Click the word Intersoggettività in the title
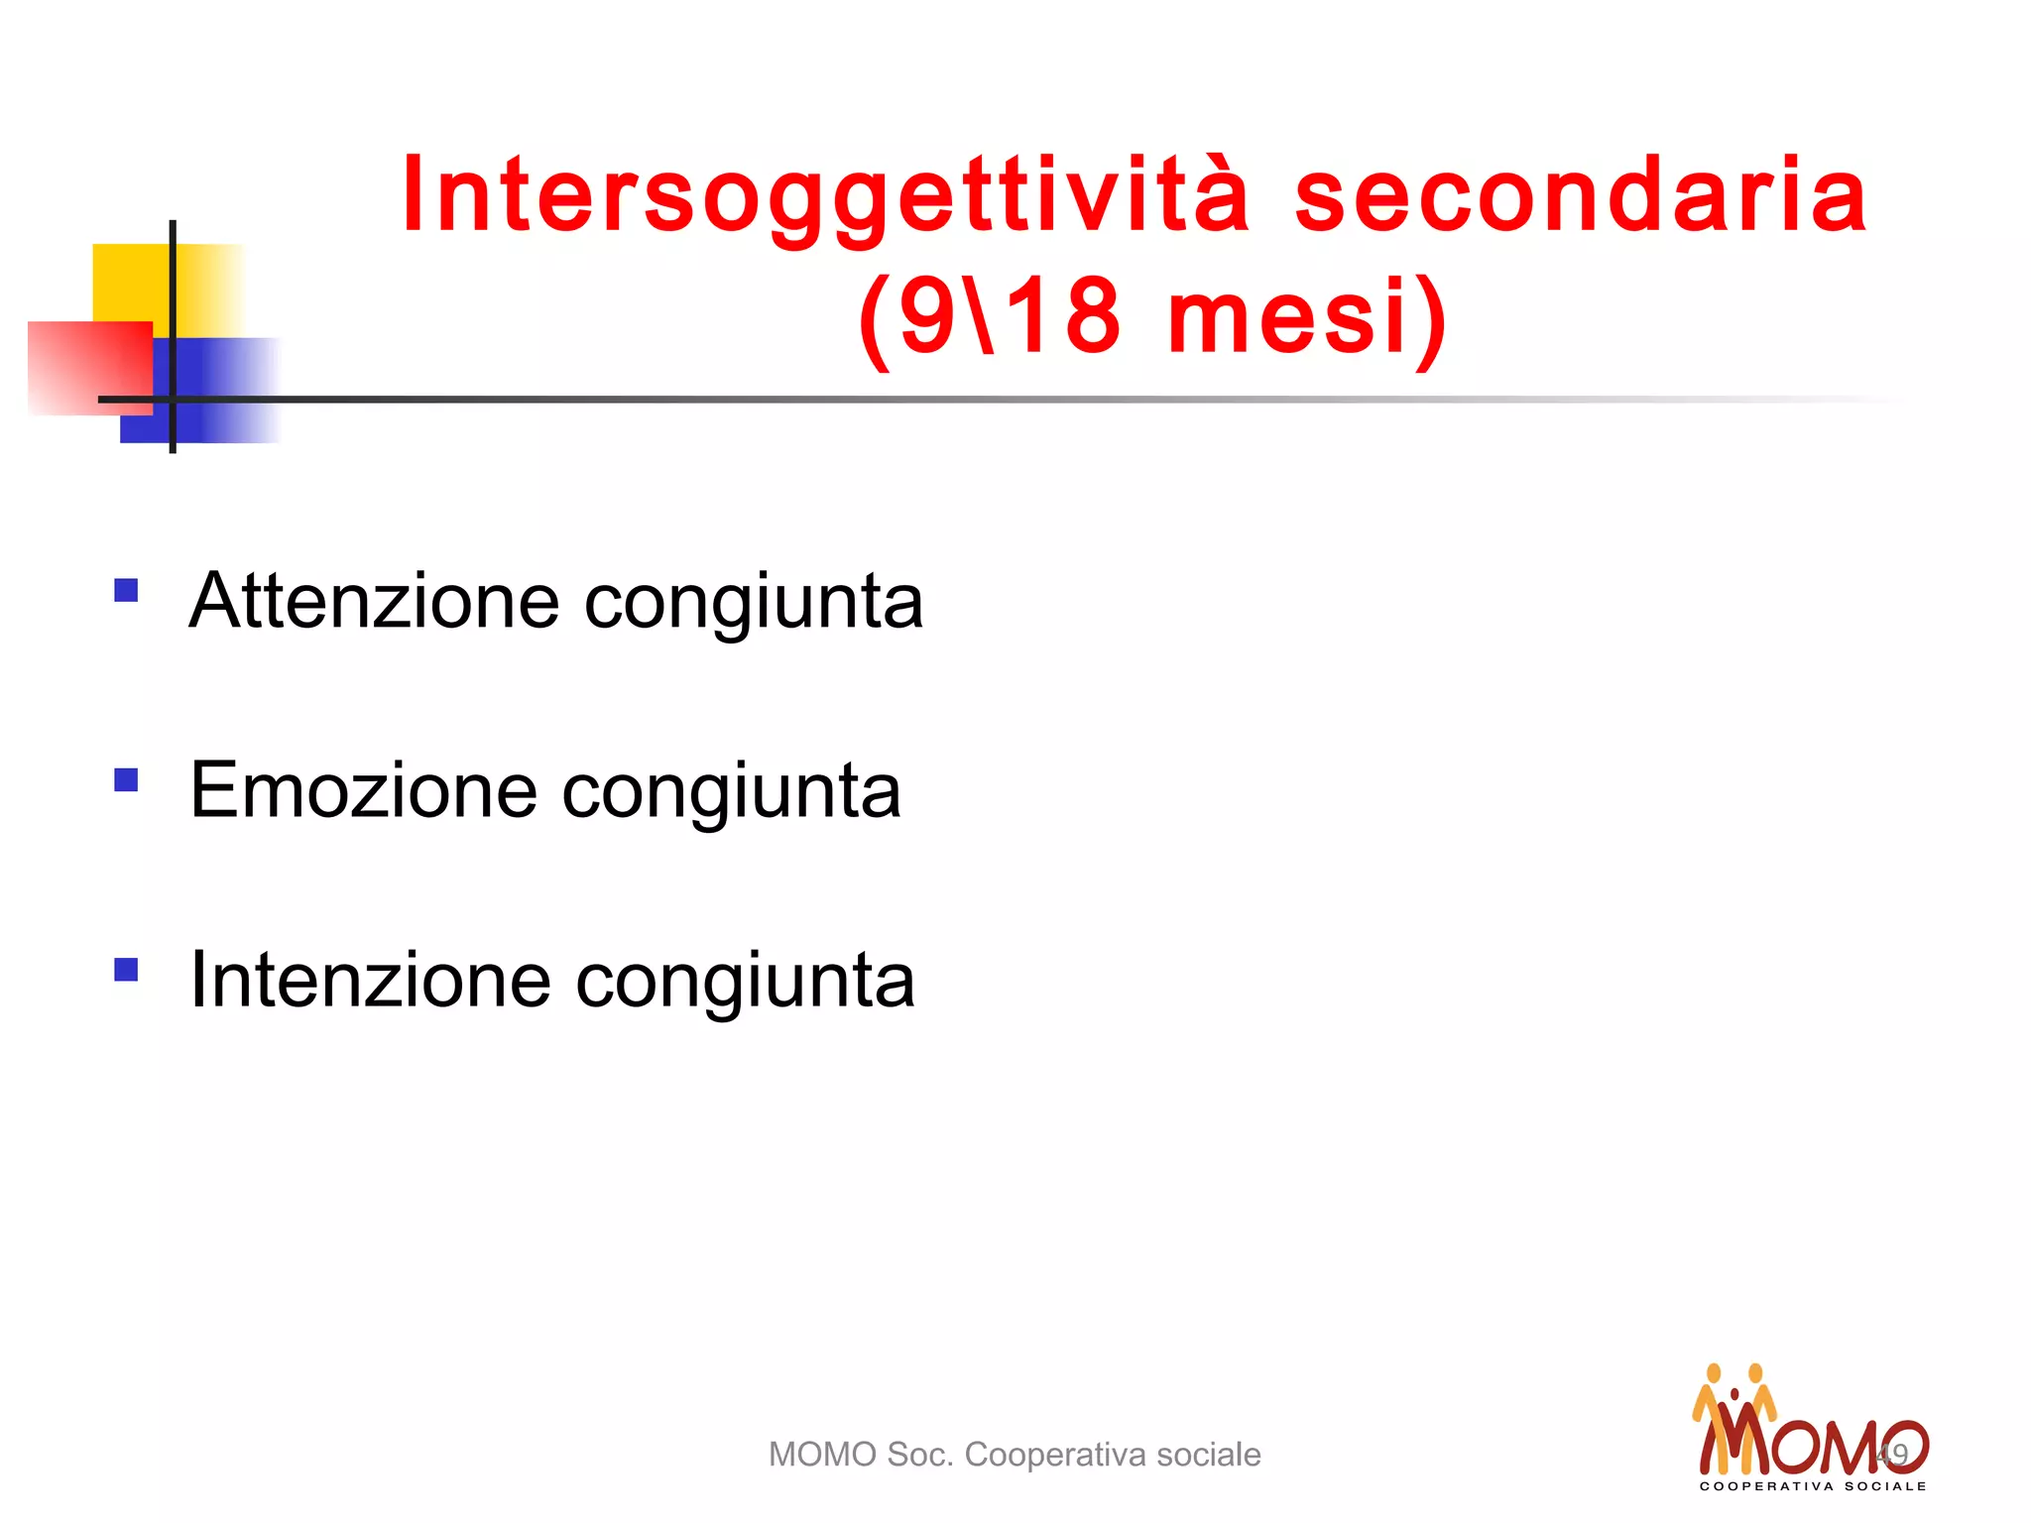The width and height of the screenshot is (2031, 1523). [825, 196]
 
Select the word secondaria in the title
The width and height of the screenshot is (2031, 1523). [1581, 196]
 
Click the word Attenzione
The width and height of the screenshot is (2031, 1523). [375, 601]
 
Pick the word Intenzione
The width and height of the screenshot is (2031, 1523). [370, 980]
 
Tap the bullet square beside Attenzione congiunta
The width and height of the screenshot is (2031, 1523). [126, 591]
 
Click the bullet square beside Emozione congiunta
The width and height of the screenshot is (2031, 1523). [126, 780]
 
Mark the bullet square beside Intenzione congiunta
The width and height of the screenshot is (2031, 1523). [126, 969]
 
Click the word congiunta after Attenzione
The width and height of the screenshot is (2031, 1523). [754, 603]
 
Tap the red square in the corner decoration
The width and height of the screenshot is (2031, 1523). [89, 367]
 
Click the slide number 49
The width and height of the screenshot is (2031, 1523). [1892, 1455]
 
